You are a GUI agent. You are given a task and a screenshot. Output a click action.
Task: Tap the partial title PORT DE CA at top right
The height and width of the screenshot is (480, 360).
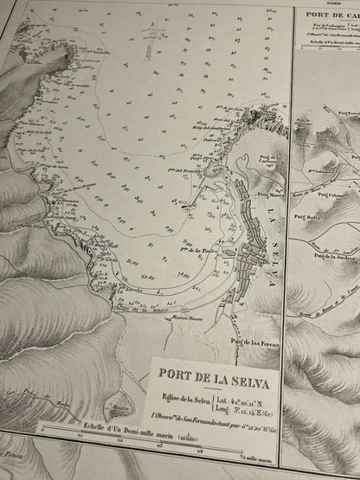[330, 16]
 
